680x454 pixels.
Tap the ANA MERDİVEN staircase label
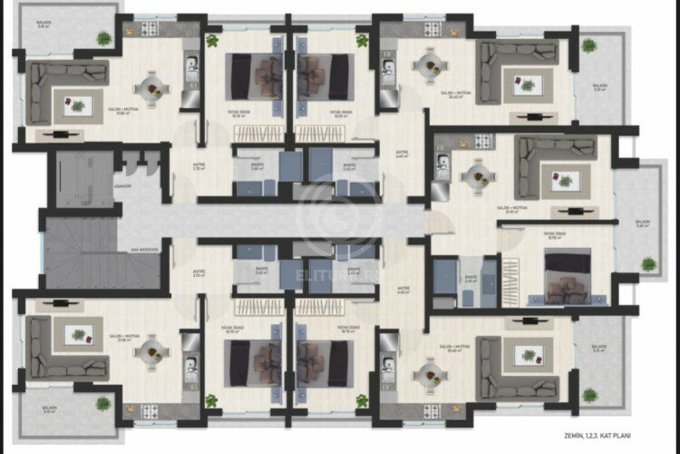(x=144, y=250)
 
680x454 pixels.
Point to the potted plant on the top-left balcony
(x=104, y=38)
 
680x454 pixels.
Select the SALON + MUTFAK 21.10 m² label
(x=514, y=210)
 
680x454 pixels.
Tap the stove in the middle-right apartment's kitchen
(x=483, y=141)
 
